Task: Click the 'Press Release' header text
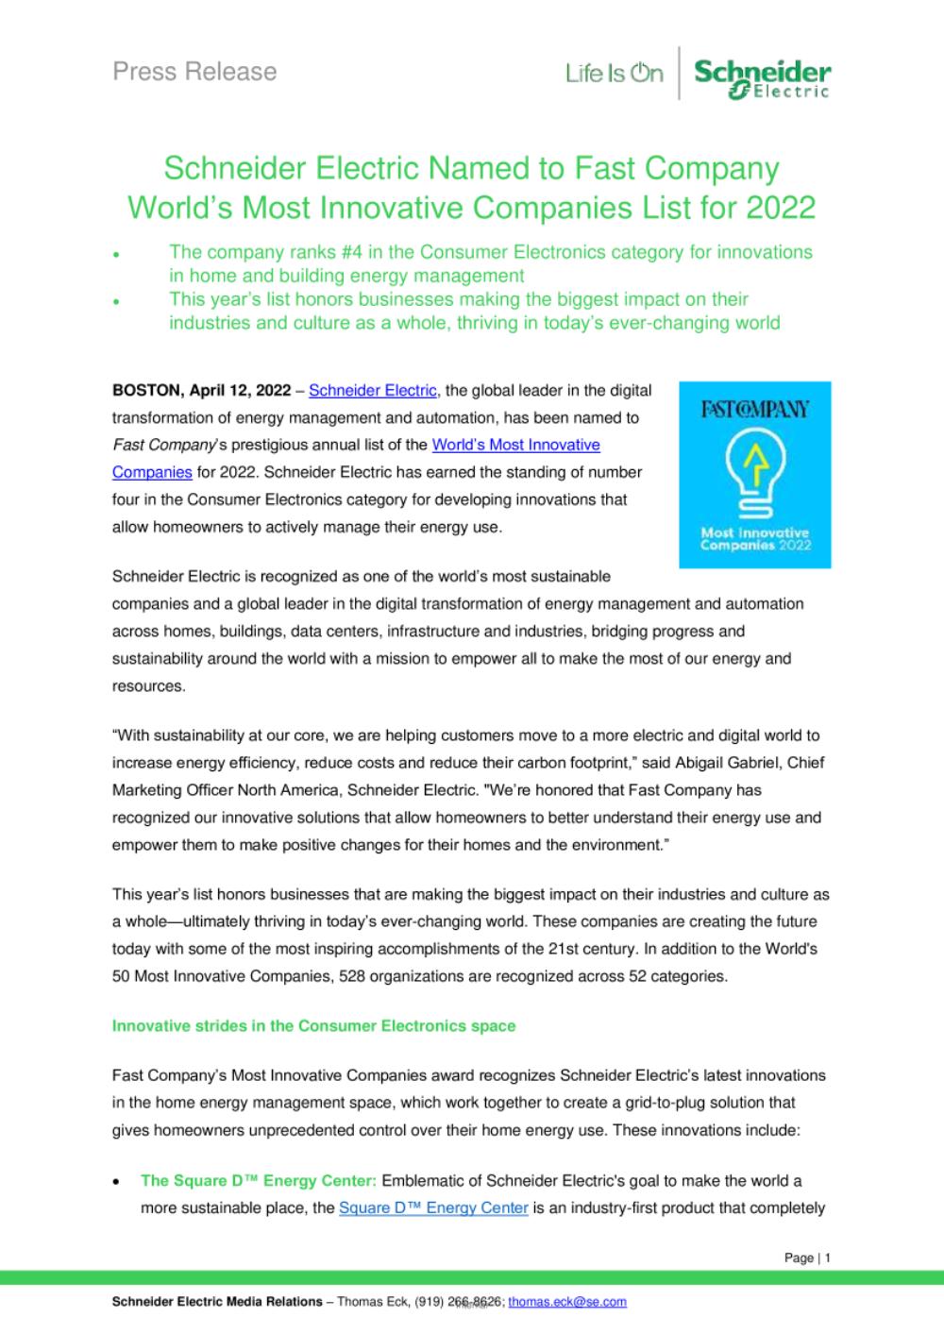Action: tap(194, 72)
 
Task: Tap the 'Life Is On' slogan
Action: tap(615, 73)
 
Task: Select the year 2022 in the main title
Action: tap(780, 207)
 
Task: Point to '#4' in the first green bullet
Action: tap(345, 252)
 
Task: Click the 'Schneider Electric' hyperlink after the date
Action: tap(373, 390)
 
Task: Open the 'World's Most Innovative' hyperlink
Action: tap(515, 445)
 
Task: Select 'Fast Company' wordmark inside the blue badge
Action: tap(754, 411)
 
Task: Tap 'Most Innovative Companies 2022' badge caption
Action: tap(754, 539)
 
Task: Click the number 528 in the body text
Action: tap(351, 977)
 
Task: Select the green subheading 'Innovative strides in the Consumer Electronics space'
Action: tap(313, 1026)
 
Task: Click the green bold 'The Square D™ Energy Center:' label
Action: tap(259, 1181)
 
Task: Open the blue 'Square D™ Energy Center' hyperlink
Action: tap(433, 1208)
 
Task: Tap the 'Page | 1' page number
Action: tap(807, 1258)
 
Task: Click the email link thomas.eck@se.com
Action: tap(567, 1302)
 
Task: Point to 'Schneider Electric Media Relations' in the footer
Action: tap(217, 1302)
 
